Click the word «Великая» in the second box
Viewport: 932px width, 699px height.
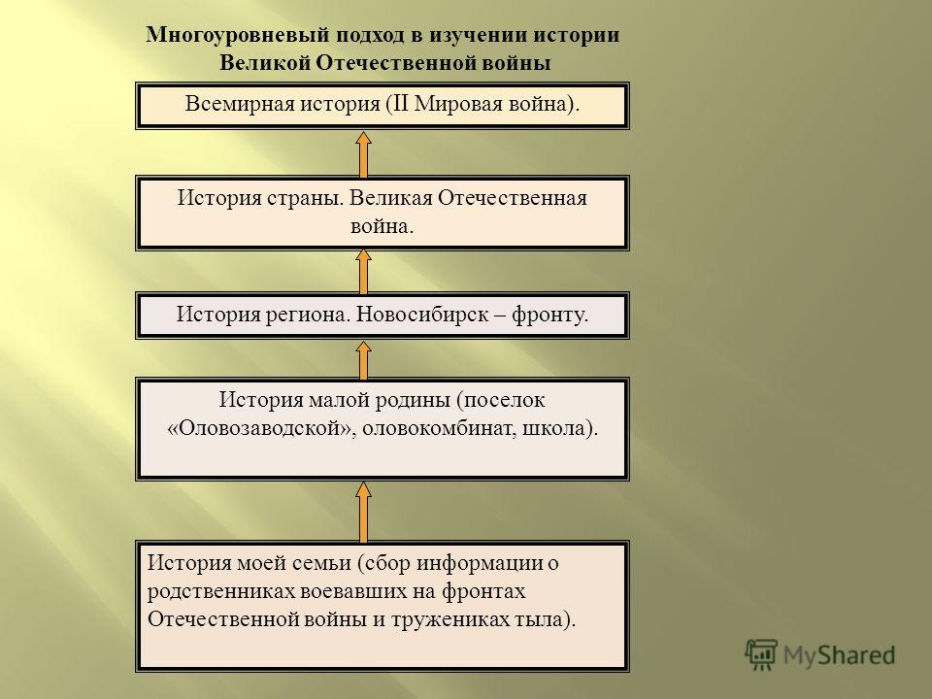click(x=390, y=198)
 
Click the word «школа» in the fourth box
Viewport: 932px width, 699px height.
click(x=558, y=428)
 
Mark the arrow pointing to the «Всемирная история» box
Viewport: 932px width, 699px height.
click(x=363, y=154)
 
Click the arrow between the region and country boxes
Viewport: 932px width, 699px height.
click(x=363, y=272)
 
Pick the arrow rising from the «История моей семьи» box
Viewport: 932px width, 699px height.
click(x=363, y=512)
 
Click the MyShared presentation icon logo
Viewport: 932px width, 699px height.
click(x=761, y=655)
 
